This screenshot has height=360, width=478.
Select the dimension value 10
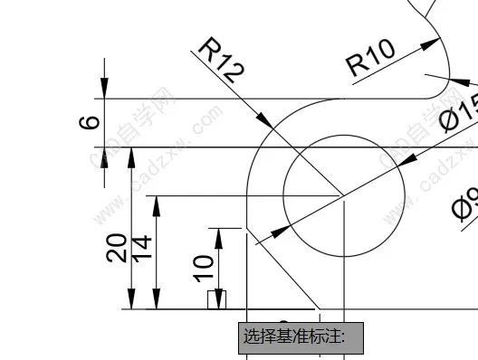coord(205,265)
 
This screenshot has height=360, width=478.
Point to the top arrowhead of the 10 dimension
coord(217,238)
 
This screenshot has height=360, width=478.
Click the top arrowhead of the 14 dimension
coord(158,204)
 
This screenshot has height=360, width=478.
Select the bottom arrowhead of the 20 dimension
coord(131,300)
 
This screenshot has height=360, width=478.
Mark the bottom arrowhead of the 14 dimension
coord(158,300)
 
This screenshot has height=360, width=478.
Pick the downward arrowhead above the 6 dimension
coord(105,87)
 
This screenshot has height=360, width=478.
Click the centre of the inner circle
coord(343,194)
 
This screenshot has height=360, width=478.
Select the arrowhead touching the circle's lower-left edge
coord(259,238)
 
